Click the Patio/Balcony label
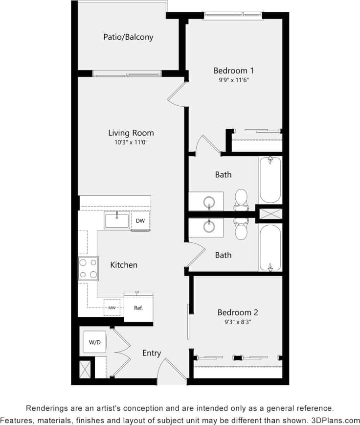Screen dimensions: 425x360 click(x=128, y=37)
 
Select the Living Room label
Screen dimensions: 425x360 click(x=131, y=133)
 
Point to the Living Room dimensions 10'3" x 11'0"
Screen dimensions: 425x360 click(x=131, y=142)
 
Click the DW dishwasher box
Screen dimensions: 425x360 click(x=140, y=221)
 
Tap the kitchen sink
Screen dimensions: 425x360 click(x=117, y=221)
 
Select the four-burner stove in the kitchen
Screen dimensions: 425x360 click(x=88, y=268)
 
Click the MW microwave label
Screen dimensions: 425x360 click(x=112, y=307)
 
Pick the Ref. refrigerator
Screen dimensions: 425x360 click(x=138, y=307)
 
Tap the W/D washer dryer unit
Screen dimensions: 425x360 click(x=95, y=342)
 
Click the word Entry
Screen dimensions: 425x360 click(x=152, y=353)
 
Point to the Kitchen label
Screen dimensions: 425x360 click(x=124, y=265)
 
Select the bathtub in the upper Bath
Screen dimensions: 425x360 click(x=270, y=180)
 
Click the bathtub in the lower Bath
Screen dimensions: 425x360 click(x=270, y=248)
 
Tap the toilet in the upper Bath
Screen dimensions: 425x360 click(x=241, y=198)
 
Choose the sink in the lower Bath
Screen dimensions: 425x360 click(x=209, y=226)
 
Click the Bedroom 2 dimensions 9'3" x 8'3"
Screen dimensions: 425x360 click(x=238, y=322)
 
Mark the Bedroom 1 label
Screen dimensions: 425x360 click(x=233, y=71)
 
